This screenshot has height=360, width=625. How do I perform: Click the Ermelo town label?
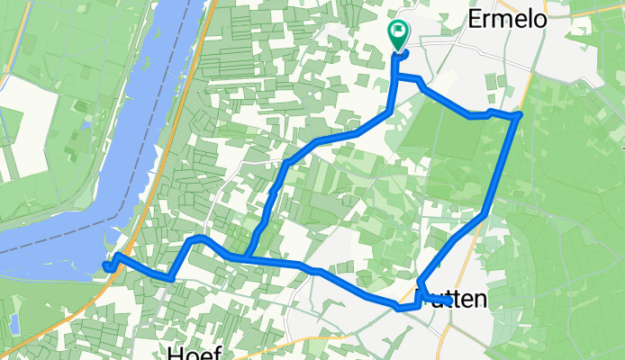point(508,20)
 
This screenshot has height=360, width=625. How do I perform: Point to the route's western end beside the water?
point(106,265)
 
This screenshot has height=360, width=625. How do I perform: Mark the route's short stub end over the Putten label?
point(448,303)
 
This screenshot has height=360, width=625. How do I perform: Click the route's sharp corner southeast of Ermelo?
point(519,115)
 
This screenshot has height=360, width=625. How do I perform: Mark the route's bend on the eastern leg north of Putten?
point(485,213)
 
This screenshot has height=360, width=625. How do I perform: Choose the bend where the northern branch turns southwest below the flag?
point(388,112)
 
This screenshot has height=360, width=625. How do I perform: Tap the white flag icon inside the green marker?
point(398,31)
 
